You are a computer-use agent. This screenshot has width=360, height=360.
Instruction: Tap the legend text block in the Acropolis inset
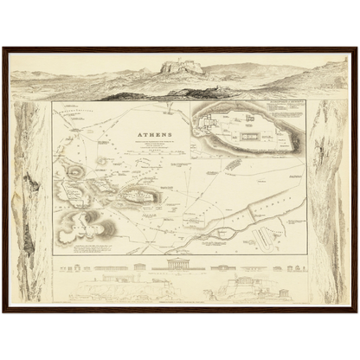coord(285,112)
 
